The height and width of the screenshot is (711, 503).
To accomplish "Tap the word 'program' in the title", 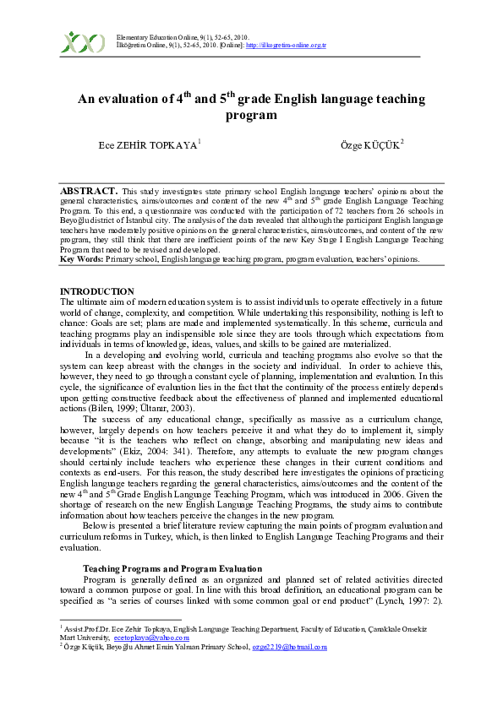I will (251, 115).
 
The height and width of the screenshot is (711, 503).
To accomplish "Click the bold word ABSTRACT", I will (89, 192).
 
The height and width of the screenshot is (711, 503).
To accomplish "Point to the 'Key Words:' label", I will (82, 258).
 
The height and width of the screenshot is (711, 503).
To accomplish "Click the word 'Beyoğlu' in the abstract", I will (80, 221).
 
